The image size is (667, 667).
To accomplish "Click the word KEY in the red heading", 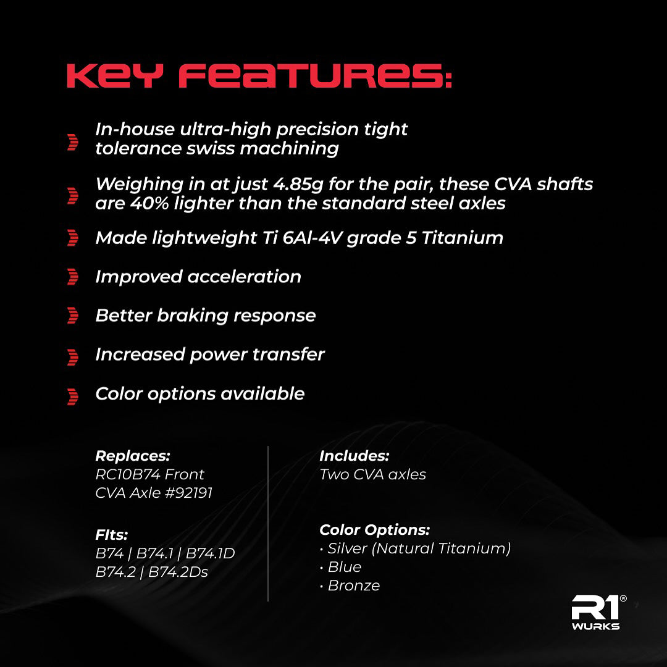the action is click(x=115, y=76).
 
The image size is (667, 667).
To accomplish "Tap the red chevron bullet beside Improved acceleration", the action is click(x=73, y=277).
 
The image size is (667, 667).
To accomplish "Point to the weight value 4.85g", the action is click(x=298, y=184).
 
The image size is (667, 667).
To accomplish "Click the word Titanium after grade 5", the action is click(x=463, y=238).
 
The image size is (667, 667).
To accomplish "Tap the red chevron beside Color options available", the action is click(x=73, y=396).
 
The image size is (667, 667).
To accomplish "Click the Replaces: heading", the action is click(x=133, y=456).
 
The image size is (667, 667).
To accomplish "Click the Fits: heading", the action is click(x=111, y=535).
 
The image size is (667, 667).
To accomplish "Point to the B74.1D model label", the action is click(x=210, y=553).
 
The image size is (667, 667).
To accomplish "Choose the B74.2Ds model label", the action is click(x=178, y=572).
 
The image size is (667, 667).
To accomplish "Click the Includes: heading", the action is click(x=354, y=456).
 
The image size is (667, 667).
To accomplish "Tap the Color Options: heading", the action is click(x=374, y=530).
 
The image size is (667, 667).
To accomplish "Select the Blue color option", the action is click(x=345, y=567).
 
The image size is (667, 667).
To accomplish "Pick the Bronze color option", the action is click(x=354, y=585).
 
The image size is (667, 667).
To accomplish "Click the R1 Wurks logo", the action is click(x=598, y=612).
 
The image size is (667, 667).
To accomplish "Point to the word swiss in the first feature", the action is click(x=211, y=148).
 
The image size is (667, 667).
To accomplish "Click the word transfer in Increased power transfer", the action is click(x=288, y=354).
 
